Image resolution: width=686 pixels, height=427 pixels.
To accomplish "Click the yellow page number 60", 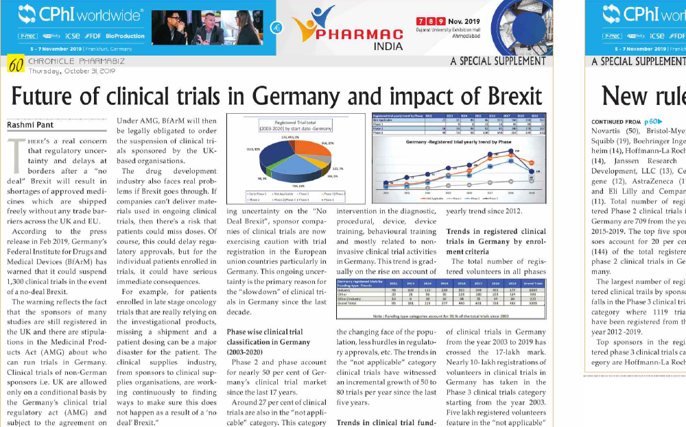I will click(16, 65).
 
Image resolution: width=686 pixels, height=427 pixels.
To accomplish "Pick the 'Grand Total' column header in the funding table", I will click(534, 282).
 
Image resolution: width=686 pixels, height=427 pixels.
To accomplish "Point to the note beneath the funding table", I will click(440, 316).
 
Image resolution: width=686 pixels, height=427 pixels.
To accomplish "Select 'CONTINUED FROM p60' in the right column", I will click(617, 121).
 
